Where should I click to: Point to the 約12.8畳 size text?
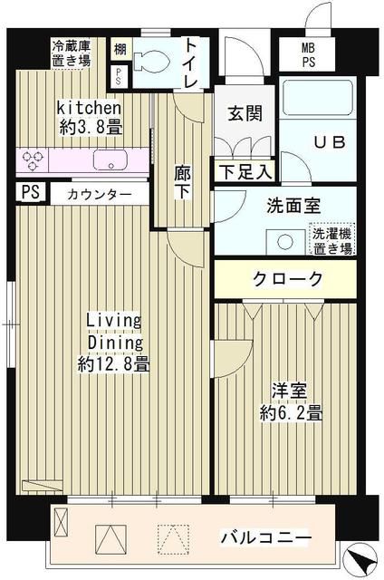[113, 364]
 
